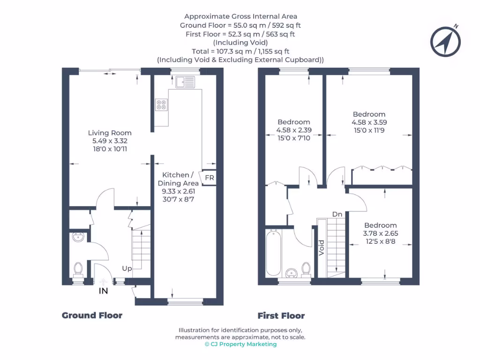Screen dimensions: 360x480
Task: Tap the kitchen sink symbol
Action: (185, 82)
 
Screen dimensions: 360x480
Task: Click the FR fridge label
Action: (210, 178)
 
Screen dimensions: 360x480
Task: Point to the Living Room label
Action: (110, 133)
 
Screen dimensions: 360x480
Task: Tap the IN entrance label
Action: (103, 291)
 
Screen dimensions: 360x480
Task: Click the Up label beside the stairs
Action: (127, 269)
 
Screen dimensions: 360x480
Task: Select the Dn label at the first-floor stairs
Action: (337, 214)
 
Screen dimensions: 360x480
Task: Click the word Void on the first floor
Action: (322, 247)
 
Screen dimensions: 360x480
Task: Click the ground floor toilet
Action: (78, 270)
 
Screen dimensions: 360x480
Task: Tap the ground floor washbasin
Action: (79, 238)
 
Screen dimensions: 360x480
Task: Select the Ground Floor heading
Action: (92, 315)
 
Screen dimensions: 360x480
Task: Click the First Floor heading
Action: (281, 315)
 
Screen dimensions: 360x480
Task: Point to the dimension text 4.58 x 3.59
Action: (369, 122)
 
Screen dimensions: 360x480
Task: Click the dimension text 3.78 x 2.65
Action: (380, 233)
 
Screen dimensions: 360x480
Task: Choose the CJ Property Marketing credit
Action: (240, 344)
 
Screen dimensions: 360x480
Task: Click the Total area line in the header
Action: (240, 51)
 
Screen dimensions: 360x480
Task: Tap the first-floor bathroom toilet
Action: (306, 269)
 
